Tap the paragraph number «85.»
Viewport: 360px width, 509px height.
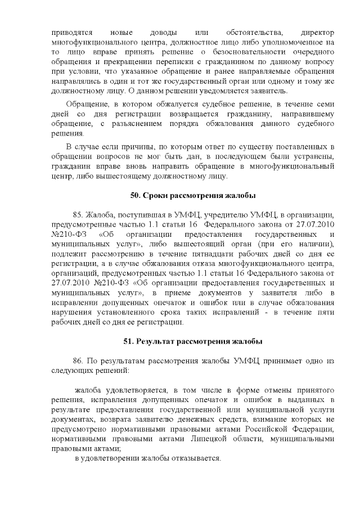click(x=79, y=214)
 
